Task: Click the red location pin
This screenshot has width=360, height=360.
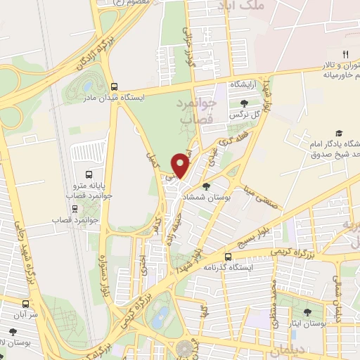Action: (x=181, y=165)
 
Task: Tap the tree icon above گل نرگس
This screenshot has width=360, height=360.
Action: (x=243, y=103)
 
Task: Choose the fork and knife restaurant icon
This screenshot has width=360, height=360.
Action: (x=345, y=54)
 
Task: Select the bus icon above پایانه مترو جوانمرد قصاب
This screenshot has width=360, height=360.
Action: (x=89, y=174)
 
